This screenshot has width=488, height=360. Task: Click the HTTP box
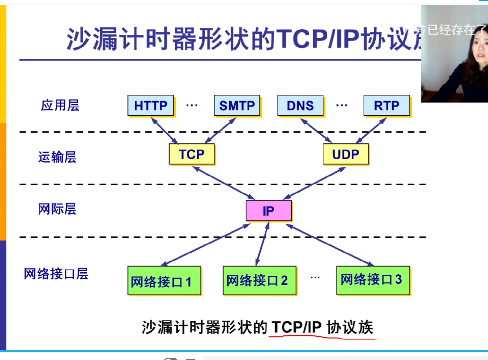(151, 105)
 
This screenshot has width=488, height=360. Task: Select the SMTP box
(237, 105)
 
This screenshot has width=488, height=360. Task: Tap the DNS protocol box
(300, 105)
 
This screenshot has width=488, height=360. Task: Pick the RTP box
(387, 105)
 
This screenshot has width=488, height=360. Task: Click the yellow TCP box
(192, 154)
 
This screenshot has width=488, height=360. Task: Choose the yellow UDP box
(345, 154)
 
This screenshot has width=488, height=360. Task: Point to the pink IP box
(268, 211)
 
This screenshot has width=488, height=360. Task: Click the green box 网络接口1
(164, 281)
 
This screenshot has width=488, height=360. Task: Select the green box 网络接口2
(259, 280)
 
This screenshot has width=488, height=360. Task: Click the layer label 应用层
(60, 105)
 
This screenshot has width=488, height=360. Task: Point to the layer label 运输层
(57, 157)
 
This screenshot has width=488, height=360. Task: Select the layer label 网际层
(57, 209)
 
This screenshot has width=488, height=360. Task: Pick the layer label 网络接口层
(56, 274)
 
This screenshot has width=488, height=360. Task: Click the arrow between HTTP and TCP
(164, 131)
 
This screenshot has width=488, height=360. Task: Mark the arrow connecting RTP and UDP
(371, 131)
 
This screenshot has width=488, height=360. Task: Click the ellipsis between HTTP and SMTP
(192, 105)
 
